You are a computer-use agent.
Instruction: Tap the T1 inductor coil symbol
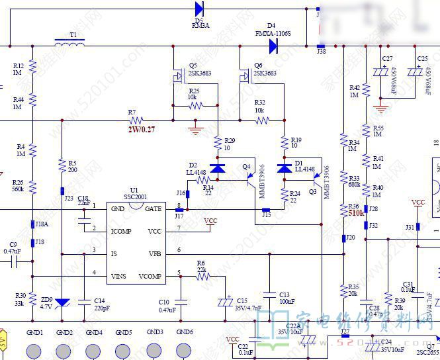click(x=69, y=45)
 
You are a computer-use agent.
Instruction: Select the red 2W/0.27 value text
click(x=141, y=129)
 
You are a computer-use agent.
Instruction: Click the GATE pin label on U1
click(x=153, y=208)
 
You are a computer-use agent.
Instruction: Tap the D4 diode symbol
click(x=273, y=46)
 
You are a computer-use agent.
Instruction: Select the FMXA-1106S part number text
click(x=273, y=33)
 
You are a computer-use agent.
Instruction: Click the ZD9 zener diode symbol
click(x=62, y=302)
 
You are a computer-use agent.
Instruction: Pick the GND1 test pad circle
click(x=34, y=351)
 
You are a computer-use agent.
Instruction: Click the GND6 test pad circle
click(x=185, y=351)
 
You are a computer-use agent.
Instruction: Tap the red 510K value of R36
click(x=357, y=214)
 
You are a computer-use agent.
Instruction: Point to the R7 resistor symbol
click(x=136, y=120)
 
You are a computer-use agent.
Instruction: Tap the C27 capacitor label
click(x=387, y=59)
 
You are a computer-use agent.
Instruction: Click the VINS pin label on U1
click(x=119, y=275)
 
